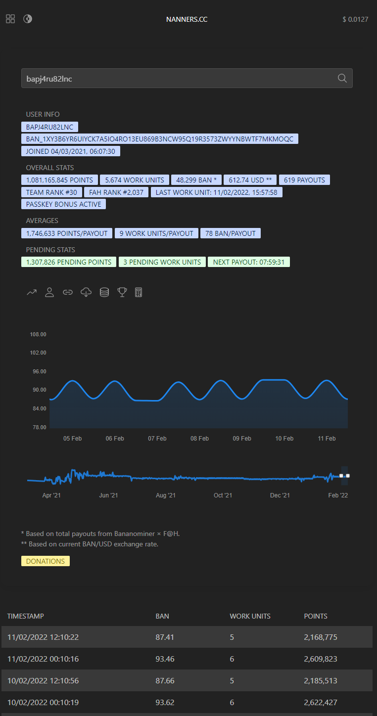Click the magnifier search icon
coord(342,78)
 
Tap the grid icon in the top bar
coord(10,19)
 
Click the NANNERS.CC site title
coord(187,19)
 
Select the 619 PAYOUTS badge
coord(304,180)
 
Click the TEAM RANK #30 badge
coord(51,192)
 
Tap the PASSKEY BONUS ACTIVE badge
coord(63,204)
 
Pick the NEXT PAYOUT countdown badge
coord(249,262)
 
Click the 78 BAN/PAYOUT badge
coord(230,233)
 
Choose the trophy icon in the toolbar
coord(122,292)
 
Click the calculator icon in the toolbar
coord(139,292)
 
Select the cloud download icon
coord(86,292)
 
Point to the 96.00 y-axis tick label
coord(39,371)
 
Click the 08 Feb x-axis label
coord(199,439)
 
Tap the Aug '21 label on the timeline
coord(166,495)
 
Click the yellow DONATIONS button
coord(46,561)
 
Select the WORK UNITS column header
coord(250,616)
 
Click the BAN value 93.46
coord(165,659)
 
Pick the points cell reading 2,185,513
coord(321,680)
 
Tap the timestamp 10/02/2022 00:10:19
coord(43,702)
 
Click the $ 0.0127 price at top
coord(355,19)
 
